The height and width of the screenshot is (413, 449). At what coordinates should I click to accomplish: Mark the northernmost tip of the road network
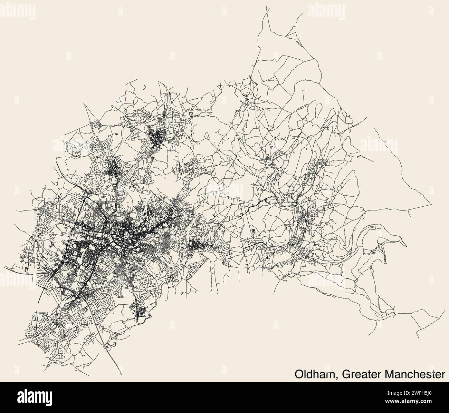[268, 6]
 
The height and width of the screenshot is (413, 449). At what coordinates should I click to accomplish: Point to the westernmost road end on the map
[4, 267]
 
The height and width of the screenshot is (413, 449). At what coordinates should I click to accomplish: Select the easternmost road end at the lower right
[445, 310]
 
